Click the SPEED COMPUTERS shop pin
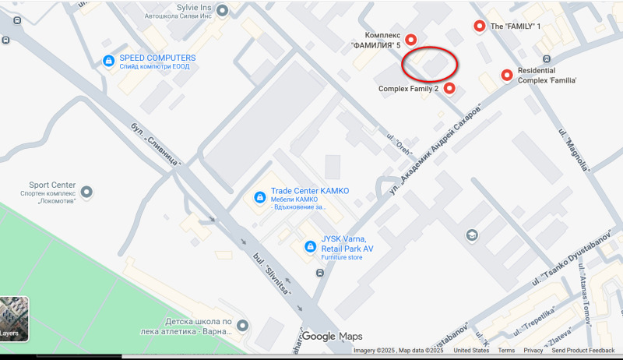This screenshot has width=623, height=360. [x=109, y=62]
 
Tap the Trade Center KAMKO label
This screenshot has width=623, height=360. [x=310, y=191]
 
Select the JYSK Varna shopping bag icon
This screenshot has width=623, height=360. [x=309, y=247]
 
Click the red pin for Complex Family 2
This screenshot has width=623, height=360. [x=449, y=88]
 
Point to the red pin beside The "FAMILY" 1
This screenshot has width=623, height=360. [x=479, y=26]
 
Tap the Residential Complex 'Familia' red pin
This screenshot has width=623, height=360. [x=507, y=75]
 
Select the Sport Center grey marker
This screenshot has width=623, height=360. [x=86, y=191]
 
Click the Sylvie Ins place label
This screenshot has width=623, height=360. [x=174, y=5]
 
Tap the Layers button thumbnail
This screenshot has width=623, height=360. [x=14, y=318]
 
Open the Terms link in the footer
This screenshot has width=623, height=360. [x=506, y=351]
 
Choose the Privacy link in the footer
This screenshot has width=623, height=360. [x=533, y=351]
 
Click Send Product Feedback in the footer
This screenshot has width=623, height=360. [x=583, y=351]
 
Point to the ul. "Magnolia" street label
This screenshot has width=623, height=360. [x=571, y=147]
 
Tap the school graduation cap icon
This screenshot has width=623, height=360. [x=472, y=235]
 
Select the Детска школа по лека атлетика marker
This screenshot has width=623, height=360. [x=243, y=326]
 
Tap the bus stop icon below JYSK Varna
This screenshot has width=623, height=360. [x=320, y=273]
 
